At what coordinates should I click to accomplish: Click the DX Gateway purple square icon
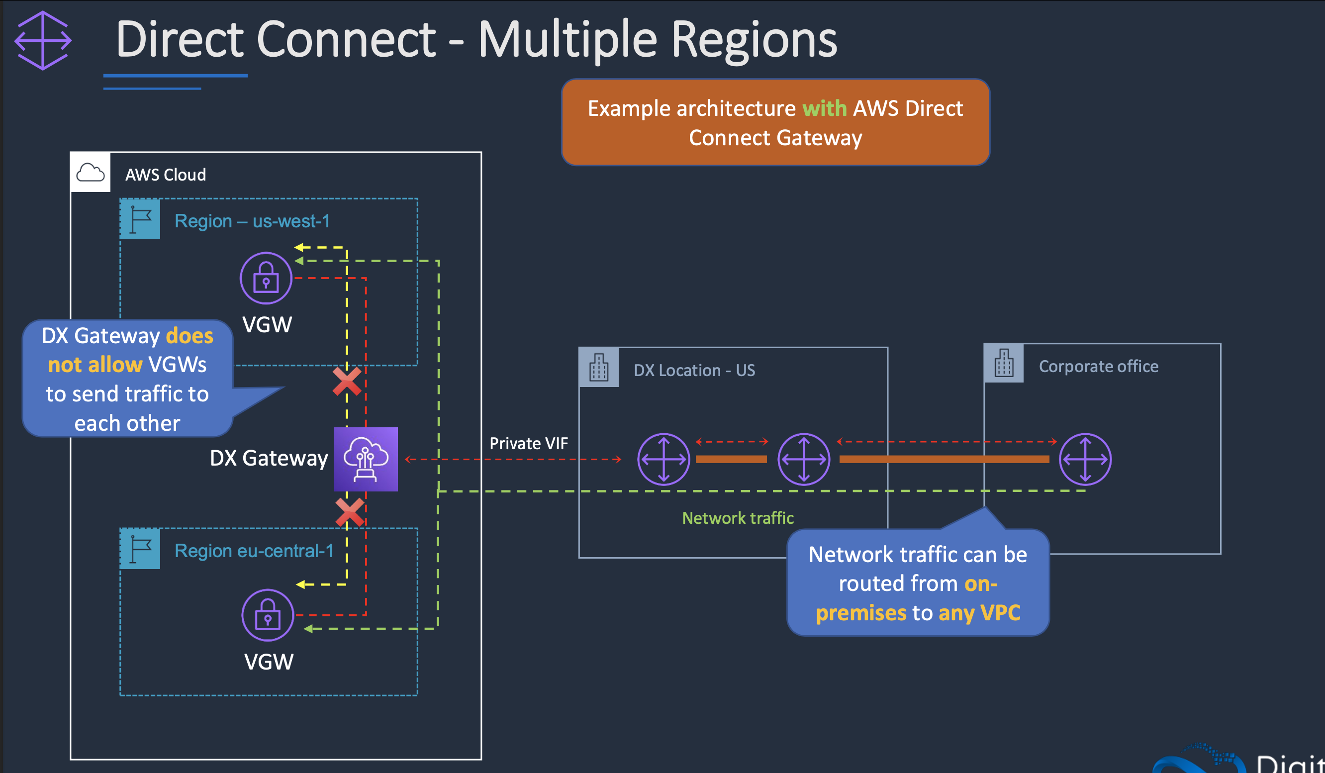pos(366,459)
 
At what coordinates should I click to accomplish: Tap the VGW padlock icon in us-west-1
pos(266,278)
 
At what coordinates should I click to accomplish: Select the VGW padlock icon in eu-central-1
pos(268,615)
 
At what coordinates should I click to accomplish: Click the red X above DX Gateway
pos(347,381)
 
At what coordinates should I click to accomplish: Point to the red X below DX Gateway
pos(350,512)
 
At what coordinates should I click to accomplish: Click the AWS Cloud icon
pos(91,173)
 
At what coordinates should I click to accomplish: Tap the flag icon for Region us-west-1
pos(140,219)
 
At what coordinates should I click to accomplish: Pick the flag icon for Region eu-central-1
pos(140,549)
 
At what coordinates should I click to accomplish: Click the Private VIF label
pos(528,443)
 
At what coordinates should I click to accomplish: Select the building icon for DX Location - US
pos(599,367)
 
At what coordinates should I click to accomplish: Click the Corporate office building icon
pos(1004,363)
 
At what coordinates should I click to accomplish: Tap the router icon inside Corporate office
pos(1085,459)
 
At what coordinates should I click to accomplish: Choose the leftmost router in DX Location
pos(663,459)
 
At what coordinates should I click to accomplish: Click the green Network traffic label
pos(738,518)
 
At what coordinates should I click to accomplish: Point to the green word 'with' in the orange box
pos(824,108)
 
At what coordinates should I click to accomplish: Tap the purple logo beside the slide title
pos(43,40)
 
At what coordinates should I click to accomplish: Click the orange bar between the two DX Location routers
pos(731,459)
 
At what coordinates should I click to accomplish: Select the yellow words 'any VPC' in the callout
pos(979,613)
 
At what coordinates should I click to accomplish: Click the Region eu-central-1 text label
pos(254,551)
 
